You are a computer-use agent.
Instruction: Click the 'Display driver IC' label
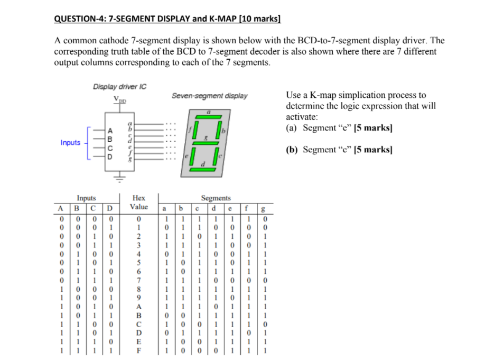point(119,87)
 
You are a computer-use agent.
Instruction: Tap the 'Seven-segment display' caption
point(209,96)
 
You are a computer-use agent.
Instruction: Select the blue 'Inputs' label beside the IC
point(70,143)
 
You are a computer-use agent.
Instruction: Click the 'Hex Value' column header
point(139,202)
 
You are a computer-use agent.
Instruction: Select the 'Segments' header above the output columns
point(215,198)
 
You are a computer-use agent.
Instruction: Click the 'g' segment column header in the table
point(264,207)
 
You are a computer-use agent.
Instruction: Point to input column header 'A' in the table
point(62,207)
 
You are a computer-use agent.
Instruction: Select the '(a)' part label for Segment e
point(291,128)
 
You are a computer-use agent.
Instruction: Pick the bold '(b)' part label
point(291,150)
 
